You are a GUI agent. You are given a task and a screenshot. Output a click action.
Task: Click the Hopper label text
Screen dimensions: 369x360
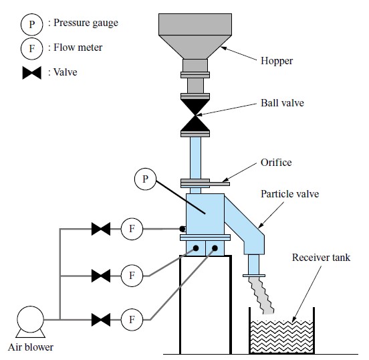pyautogui.click(x=277, y=61)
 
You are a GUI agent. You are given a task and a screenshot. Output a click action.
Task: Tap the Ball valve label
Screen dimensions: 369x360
pyautogui.click(x=282, y=103)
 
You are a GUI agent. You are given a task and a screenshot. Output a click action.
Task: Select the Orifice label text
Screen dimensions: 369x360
pyautogui.click(x=276, y=163)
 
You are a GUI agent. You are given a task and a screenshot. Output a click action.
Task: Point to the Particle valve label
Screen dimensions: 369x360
pyautogui.click(x=289, y=194)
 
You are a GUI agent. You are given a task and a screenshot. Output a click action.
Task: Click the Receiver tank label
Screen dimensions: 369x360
pyautogui.click(x=321, y=257)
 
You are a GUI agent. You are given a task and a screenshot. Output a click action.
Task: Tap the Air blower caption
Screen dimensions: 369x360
pyautogui.click(x=31, y=347)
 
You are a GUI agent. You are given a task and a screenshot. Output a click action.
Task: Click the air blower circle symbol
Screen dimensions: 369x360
pyautogui.click(x=30, y=319)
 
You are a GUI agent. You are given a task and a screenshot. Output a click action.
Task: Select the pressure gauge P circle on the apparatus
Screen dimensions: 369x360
pyautogui.click(x=145, y=179)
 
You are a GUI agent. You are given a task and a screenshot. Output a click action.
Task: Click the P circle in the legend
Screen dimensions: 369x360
pyautogui.click(x=32, y=24)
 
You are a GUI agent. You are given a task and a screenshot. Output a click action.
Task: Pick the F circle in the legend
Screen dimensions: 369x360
pyautogui.click(x=32, y=49)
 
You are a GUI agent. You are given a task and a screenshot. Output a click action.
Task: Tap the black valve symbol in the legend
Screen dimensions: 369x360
pyautogui.click(x=32, y=72)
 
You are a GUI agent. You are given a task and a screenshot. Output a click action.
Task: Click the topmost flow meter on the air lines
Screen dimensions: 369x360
pyautogui.click(x=132, y=229)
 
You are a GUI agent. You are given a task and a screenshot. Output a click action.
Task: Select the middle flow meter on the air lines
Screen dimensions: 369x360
pyautogui.click(x=132, y=276)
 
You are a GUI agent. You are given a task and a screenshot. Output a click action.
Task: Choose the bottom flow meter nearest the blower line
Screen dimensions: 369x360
pyautogui.click(x=132, y=320)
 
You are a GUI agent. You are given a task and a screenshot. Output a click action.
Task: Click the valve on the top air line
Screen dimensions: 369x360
pyautogui.click(x=101, y=229)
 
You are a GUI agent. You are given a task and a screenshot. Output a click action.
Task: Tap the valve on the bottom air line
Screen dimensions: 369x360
pyautogui.click(x=101, y=320)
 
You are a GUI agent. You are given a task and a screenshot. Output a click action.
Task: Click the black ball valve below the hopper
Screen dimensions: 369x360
pyautogui.click(x=195, y=115)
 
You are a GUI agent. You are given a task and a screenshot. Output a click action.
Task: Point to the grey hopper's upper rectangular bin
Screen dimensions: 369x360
pyautogui.click(x=195, y=25)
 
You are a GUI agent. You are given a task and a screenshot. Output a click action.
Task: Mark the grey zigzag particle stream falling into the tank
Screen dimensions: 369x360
pyautogui.click(x=261, y=296)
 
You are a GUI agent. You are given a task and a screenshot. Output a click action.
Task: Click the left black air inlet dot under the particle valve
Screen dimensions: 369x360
pyautogui.click(x=196, y=248)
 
